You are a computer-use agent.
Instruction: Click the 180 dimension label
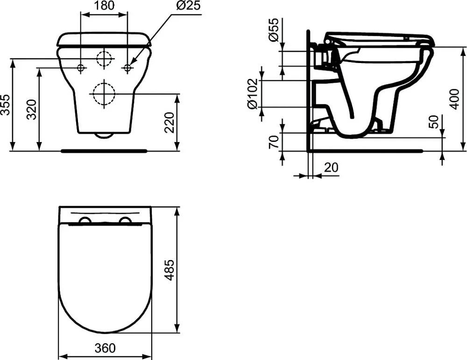[x=105, y=5]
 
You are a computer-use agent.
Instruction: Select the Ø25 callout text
[x=188, y=5]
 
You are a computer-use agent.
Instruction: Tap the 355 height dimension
[x=5, y=105]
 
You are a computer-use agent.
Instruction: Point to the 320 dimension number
[x=31, y=110]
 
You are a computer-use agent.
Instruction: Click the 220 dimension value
[x=169, y=122]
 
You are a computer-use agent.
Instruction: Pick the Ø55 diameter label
[x=273, y=29]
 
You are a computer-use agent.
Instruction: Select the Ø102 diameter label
[x=252, y=94]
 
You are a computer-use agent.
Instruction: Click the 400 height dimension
[x=454, y=99]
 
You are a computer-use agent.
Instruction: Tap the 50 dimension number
[x=434, y=121]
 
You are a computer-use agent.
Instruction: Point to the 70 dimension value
[x=273, y=142]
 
